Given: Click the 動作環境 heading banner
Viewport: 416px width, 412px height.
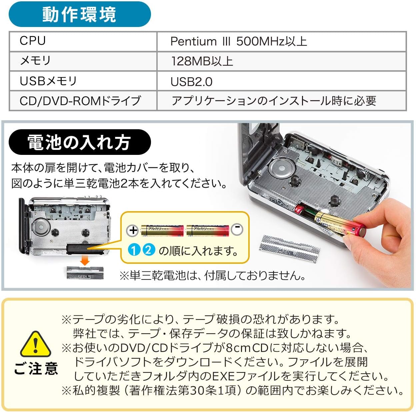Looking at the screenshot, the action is tap(80, 14).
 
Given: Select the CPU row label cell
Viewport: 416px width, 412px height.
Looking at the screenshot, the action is tap(83, 41).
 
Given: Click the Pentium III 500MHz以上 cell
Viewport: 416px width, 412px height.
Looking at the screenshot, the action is tap(282, 41).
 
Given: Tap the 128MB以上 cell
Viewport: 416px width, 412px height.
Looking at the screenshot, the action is tap(282, 61).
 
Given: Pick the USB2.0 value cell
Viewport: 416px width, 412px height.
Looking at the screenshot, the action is tap(282, 81).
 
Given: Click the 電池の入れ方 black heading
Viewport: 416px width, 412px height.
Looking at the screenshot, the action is tap(80, 142).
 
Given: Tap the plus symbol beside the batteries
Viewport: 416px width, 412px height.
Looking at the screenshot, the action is tap(133, 230).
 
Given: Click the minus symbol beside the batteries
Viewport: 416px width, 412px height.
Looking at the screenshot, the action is tap(237, 229).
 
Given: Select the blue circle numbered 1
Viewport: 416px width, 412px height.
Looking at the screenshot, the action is tap(134, 250).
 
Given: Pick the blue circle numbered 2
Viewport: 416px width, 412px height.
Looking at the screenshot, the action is tap(149, 250).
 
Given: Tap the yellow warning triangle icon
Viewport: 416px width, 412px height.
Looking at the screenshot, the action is tap(36, 345).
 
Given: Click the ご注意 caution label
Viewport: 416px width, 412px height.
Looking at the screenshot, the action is tap(36, 368).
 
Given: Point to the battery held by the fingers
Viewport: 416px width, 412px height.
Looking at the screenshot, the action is tap(340, 224).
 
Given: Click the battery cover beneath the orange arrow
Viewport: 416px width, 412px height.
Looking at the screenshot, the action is tap(85, 272).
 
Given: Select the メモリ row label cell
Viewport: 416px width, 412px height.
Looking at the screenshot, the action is tap(83, 61).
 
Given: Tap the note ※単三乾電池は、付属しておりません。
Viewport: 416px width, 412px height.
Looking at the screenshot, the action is tap(213, 275).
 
